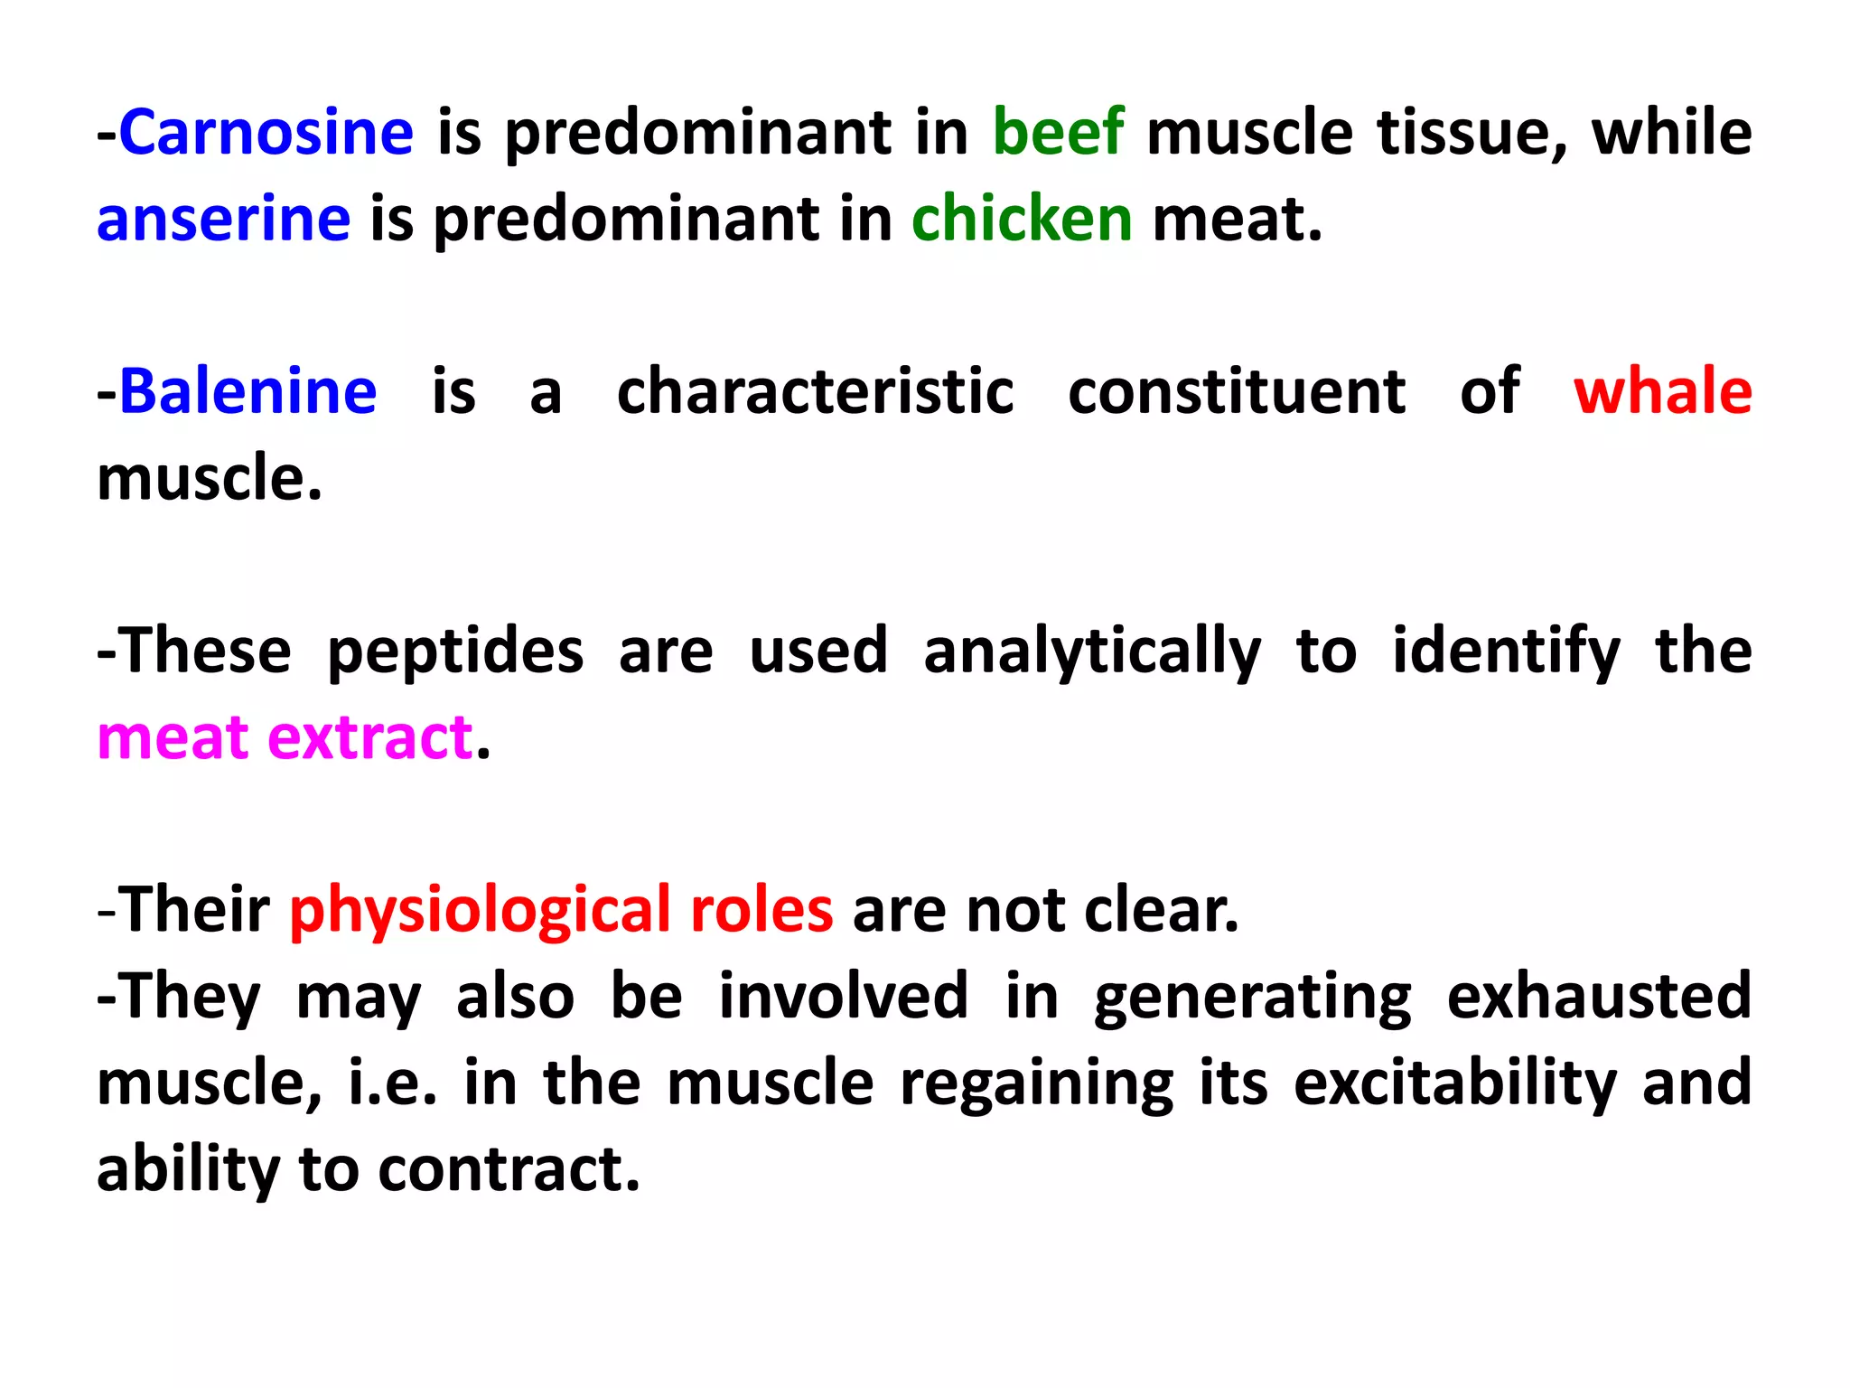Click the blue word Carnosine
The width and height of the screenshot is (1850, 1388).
tap(266, 133)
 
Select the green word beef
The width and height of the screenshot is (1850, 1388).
tap(1059, 133)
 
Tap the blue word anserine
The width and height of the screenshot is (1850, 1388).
tap(224, 220)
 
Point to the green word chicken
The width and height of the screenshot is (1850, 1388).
tap(1022, 220)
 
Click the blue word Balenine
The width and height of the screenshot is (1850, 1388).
tap(248, 392)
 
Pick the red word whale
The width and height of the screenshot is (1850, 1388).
tap(1662, 392)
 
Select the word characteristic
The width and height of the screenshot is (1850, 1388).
tap(815, 392)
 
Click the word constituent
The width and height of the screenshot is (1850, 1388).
tap(1237, 392)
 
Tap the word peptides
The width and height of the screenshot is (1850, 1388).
tap(455, 652)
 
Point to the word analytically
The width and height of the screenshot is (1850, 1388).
tap(1092, 652)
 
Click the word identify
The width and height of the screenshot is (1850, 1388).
tap(1506, 652)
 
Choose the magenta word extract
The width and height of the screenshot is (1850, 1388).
tap(370, 738)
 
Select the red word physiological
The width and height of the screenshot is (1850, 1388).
tap(480, 911)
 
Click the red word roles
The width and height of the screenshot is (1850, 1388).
tap(761, 911)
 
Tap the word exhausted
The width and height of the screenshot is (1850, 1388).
tap(1599, 997)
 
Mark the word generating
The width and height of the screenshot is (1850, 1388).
tap(1252, 997)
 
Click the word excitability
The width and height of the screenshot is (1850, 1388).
tap(1455, 1083)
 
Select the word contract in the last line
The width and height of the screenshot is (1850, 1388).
tap(509, 1170)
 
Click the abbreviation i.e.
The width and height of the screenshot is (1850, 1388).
tap(392, 1083)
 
